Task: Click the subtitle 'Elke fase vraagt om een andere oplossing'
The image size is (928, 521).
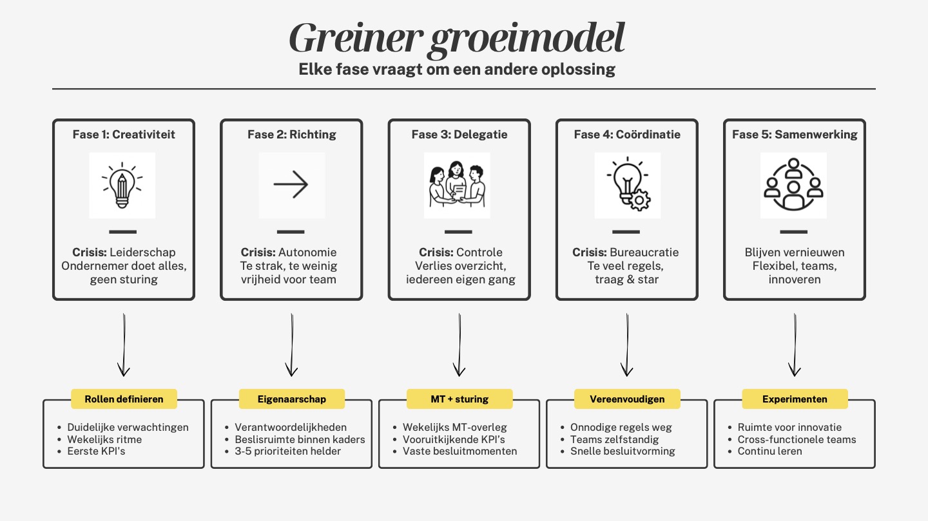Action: (457, 69)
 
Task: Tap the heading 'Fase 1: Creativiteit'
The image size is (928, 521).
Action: (124, 135)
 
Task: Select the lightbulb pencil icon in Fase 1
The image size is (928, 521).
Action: (122, 185)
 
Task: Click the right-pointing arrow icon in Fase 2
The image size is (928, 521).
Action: (291, 185)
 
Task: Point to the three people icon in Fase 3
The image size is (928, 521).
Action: (457, 185)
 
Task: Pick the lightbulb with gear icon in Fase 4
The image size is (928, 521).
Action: (627, 185)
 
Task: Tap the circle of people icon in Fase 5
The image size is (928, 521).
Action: (793, 185)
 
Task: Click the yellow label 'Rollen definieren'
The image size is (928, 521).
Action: (124, 399)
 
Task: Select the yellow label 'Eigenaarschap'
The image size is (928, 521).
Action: (291, 399)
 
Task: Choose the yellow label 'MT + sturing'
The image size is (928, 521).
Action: (459, 399)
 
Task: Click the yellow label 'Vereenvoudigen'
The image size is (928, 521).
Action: (627, 399)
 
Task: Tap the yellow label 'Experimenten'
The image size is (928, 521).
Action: (795, 399)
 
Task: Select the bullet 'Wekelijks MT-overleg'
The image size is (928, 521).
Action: (455, 427)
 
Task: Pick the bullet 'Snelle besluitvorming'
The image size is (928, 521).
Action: (623, 451)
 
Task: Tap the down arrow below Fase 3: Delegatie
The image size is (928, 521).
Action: (459, 345)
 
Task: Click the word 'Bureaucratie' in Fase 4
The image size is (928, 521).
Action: (644, 252)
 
